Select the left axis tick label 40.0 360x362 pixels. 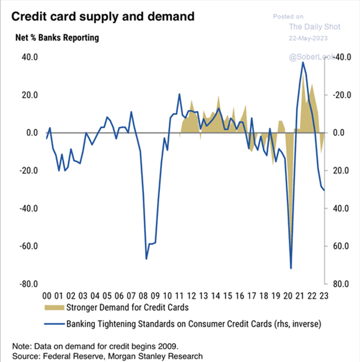28,57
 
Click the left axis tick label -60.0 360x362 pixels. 27,246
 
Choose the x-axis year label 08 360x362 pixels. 143,296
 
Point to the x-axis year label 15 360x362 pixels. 228,296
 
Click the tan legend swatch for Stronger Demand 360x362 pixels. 55,309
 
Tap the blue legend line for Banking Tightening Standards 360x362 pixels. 55,324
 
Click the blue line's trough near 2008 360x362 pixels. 146,259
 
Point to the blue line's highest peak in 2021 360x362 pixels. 303,62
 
